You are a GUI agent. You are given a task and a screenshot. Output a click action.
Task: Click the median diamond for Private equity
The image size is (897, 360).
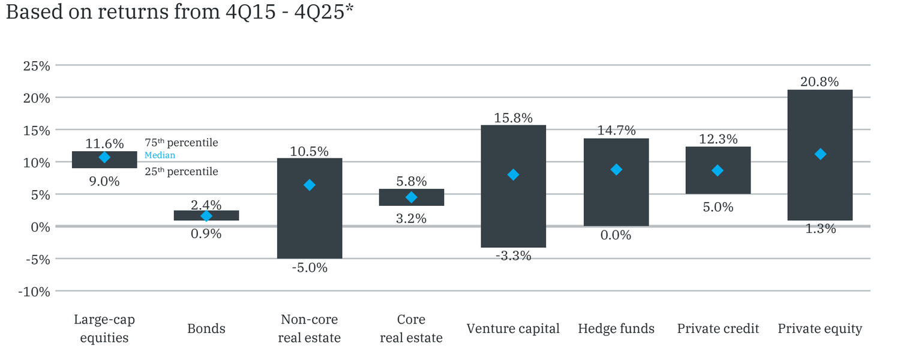(820, 154)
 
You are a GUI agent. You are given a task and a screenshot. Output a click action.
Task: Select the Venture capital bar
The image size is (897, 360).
(513, 186)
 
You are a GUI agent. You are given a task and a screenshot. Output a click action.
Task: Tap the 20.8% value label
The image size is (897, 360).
(820, 82)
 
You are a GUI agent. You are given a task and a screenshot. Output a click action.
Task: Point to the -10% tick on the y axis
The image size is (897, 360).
(34, 292)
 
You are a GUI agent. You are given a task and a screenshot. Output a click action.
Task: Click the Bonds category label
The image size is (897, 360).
(206, 329)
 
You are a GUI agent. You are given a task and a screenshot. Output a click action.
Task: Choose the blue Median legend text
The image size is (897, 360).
(160, 155)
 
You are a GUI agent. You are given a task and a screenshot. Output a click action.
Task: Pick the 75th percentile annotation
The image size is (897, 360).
(181, 143)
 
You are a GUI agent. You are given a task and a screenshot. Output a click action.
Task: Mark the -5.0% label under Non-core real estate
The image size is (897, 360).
(310, 268)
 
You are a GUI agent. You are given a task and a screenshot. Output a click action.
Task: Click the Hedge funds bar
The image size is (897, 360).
(616, 182)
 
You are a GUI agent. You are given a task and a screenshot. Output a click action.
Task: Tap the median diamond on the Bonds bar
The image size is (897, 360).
(206, 216)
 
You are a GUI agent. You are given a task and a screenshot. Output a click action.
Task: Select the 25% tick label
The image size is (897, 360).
(37, 65)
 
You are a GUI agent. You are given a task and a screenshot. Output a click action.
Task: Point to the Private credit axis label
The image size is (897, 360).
(718, 329)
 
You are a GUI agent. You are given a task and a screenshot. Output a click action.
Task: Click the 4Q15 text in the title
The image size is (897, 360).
(251, 11)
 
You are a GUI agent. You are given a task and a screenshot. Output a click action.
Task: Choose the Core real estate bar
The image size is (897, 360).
(411, 197)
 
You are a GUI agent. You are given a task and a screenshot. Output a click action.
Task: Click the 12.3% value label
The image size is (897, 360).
(718, 139)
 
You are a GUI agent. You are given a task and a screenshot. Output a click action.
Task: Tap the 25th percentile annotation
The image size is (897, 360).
(181, 172)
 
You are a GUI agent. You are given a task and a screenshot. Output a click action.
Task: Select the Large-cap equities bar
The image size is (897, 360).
(104, 160)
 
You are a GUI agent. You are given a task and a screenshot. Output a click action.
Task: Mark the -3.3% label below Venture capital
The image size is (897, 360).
(514, 256)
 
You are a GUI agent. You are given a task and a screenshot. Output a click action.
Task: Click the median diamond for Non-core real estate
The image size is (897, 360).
(310, 185)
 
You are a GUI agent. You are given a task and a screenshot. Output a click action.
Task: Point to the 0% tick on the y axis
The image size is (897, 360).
(40, 227)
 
